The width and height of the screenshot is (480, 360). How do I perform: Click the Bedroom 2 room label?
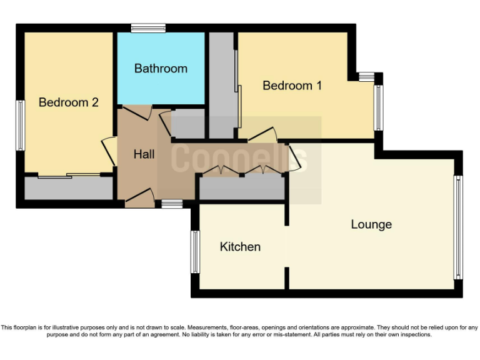(x=69, y=102)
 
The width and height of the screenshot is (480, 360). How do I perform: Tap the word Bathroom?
(x=161, y=68)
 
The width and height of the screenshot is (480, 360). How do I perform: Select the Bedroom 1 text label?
(x=292, y=86)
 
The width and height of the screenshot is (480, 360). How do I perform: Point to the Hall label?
(x=144, y=153)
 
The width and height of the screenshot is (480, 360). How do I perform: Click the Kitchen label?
(x=240, y=247)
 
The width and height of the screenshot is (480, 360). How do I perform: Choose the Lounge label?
(x=371, y=224)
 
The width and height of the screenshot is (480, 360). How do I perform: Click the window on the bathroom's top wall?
(x=148, y=27)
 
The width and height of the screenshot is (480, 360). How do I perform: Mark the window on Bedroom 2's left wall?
(x=21, y=125)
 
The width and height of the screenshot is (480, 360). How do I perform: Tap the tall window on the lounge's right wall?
(x=458, y=227)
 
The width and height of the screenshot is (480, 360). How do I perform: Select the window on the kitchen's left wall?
(x=196, y=252)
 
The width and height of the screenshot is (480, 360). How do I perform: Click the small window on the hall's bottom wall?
(x=172, y=203)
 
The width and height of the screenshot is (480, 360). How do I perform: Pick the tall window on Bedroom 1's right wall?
(x=377, y=107)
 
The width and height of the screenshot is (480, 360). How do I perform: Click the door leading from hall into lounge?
(x=293, y=157)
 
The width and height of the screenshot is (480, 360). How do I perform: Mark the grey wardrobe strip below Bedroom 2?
(x=69, y=187)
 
